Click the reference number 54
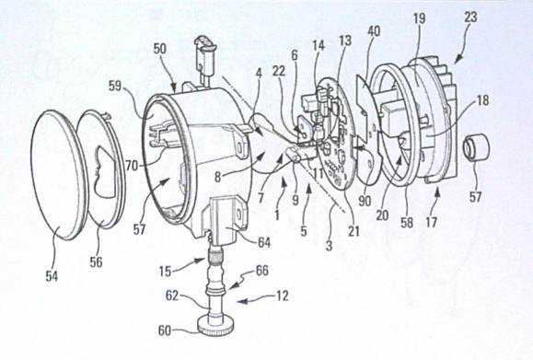tap(52, 276)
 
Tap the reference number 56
tap(97, 262)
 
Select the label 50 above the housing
tap(160, 49)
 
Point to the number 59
tap(115, 86)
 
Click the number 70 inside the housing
tap(133, 166)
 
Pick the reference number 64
tap(264, 242)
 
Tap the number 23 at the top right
tap(470, 17)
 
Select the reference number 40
tap(374, 31)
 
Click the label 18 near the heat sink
tap(482, 100)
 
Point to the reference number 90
tap(365, 201)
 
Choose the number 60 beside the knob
tap(165, 331)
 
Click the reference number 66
tap(262, 271)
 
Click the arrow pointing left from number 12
tap(253, 300)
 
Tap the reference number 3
tap(329, 246)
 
